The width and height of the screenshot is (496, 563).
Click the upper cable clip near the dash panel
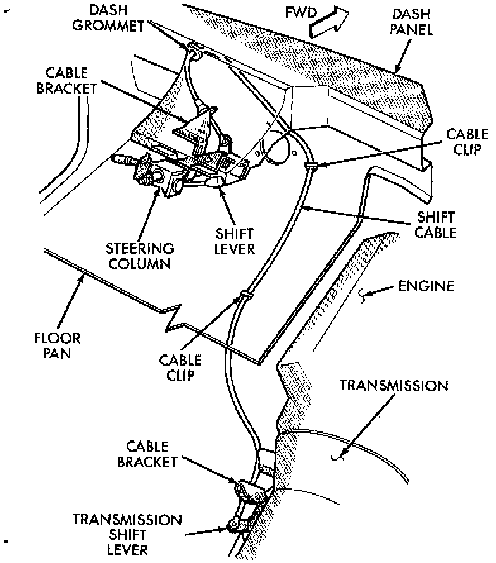click(x=311, y=166)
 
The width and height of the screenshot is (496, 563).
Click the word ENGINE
click(x=426, y=287)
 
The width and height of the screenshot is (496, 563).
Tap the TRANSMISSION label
click(x=394, y=385)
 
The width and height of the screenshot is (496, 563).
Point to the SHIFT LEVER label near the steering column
click(x=233, y=240)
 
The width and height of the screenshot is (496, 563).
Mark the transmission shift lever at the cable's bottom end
click(x=235, y=524)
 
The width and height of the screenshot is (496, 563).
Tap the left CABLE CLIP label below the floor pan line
click(x=181, y=368)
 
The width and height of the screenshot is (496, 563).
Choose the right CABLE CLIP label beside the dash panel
click(x=466, y=142)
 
